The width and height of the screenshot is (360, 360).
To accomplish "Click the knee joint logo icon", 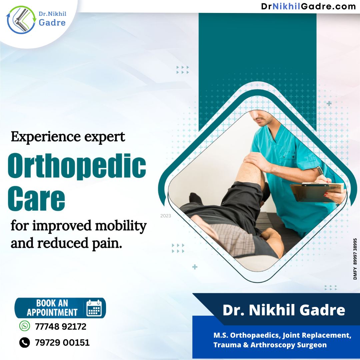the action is point(21,20).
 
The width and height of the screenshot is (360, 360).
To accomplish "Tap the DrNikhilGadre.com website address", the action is point(308,6).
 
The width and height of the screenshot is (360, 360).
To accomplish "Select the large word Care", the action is point(37,198).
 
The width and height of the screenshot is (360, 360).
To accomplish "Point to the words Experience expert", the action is point(68,137).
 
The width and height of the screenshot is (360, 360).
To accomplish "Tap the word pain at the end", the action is point(107,244).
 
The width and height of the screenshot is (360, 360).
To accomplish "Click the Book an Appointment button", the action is point(60,308).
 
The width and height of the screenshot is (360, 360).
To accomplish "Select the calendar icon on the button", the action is point(94,308).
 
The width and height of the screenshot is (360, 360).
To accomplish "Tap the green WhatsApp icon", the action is point(25,326).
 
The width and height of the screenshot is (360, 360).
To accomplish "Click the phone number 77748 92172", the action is point(61,326).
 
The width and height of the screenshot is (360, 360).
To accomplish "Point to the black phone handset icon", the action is point(25,342).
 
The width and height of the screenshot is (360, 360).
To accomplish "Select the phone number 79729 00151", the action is point(62,343).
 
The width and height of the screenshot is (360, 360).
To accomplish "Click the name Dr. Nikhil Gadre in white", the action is point(284,310).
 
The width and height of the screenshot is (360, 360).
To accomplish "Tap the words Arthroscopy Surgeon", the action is point(289,345).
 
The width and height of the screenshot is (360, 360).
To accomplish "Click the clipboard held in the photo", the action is point(316,192).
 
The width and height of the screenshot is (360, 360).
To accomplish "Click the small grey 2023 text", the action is point(166,216).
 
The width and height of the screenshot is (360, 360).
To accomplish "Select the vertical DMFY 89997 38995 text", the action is point(355,259).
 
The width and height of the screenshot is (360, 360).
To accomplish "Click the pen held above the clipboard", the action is point(321,172).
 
